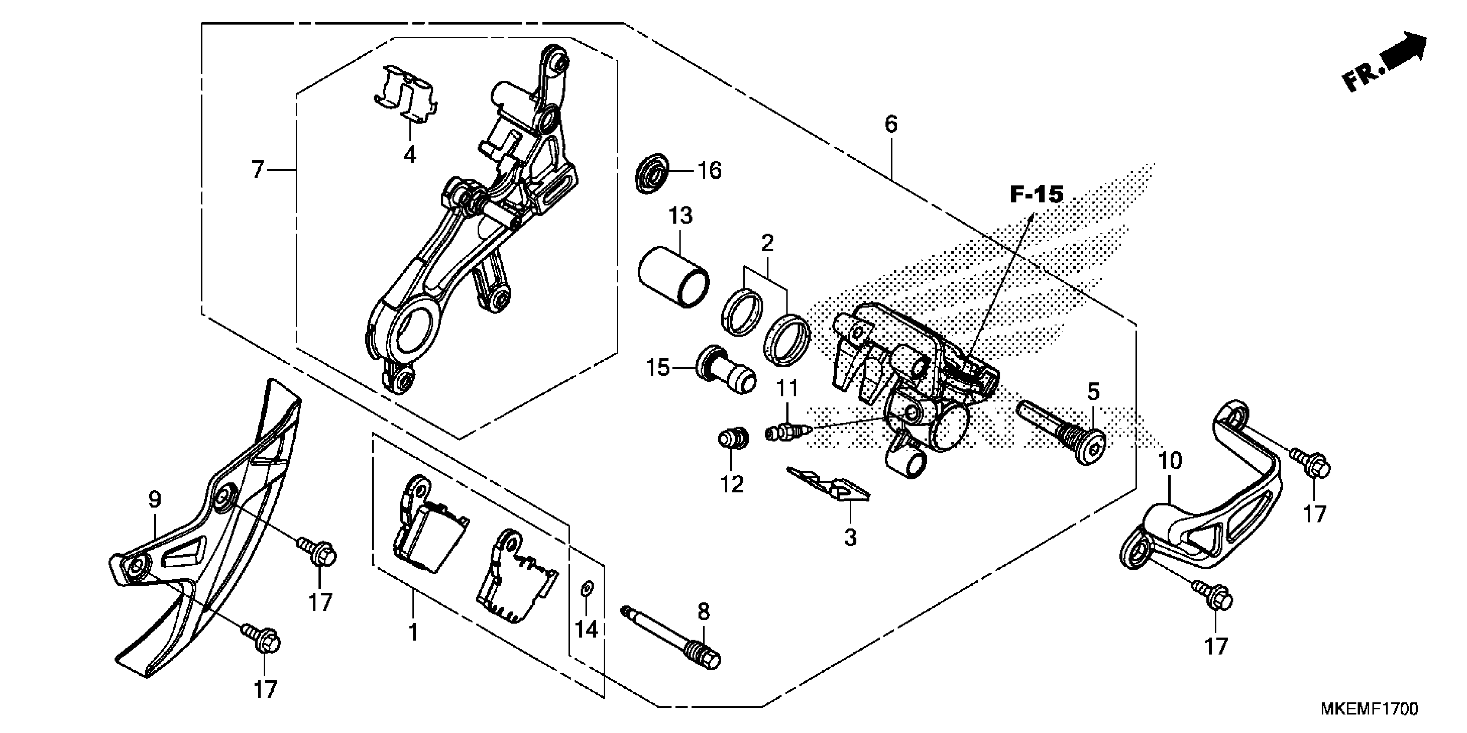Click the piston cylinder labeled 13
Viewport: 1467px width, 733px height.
[673, 276]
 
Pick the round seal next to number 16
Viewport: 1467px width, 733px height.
[652, 172]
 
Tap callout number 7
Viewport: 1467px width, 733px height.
[258, 169]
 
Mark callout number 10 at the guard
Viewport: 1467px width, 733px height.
[1170, 461]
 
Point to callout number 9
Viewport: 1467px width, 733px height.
[154, 500]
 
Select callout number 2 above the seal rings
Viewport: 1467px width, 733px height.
[767, 244]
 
